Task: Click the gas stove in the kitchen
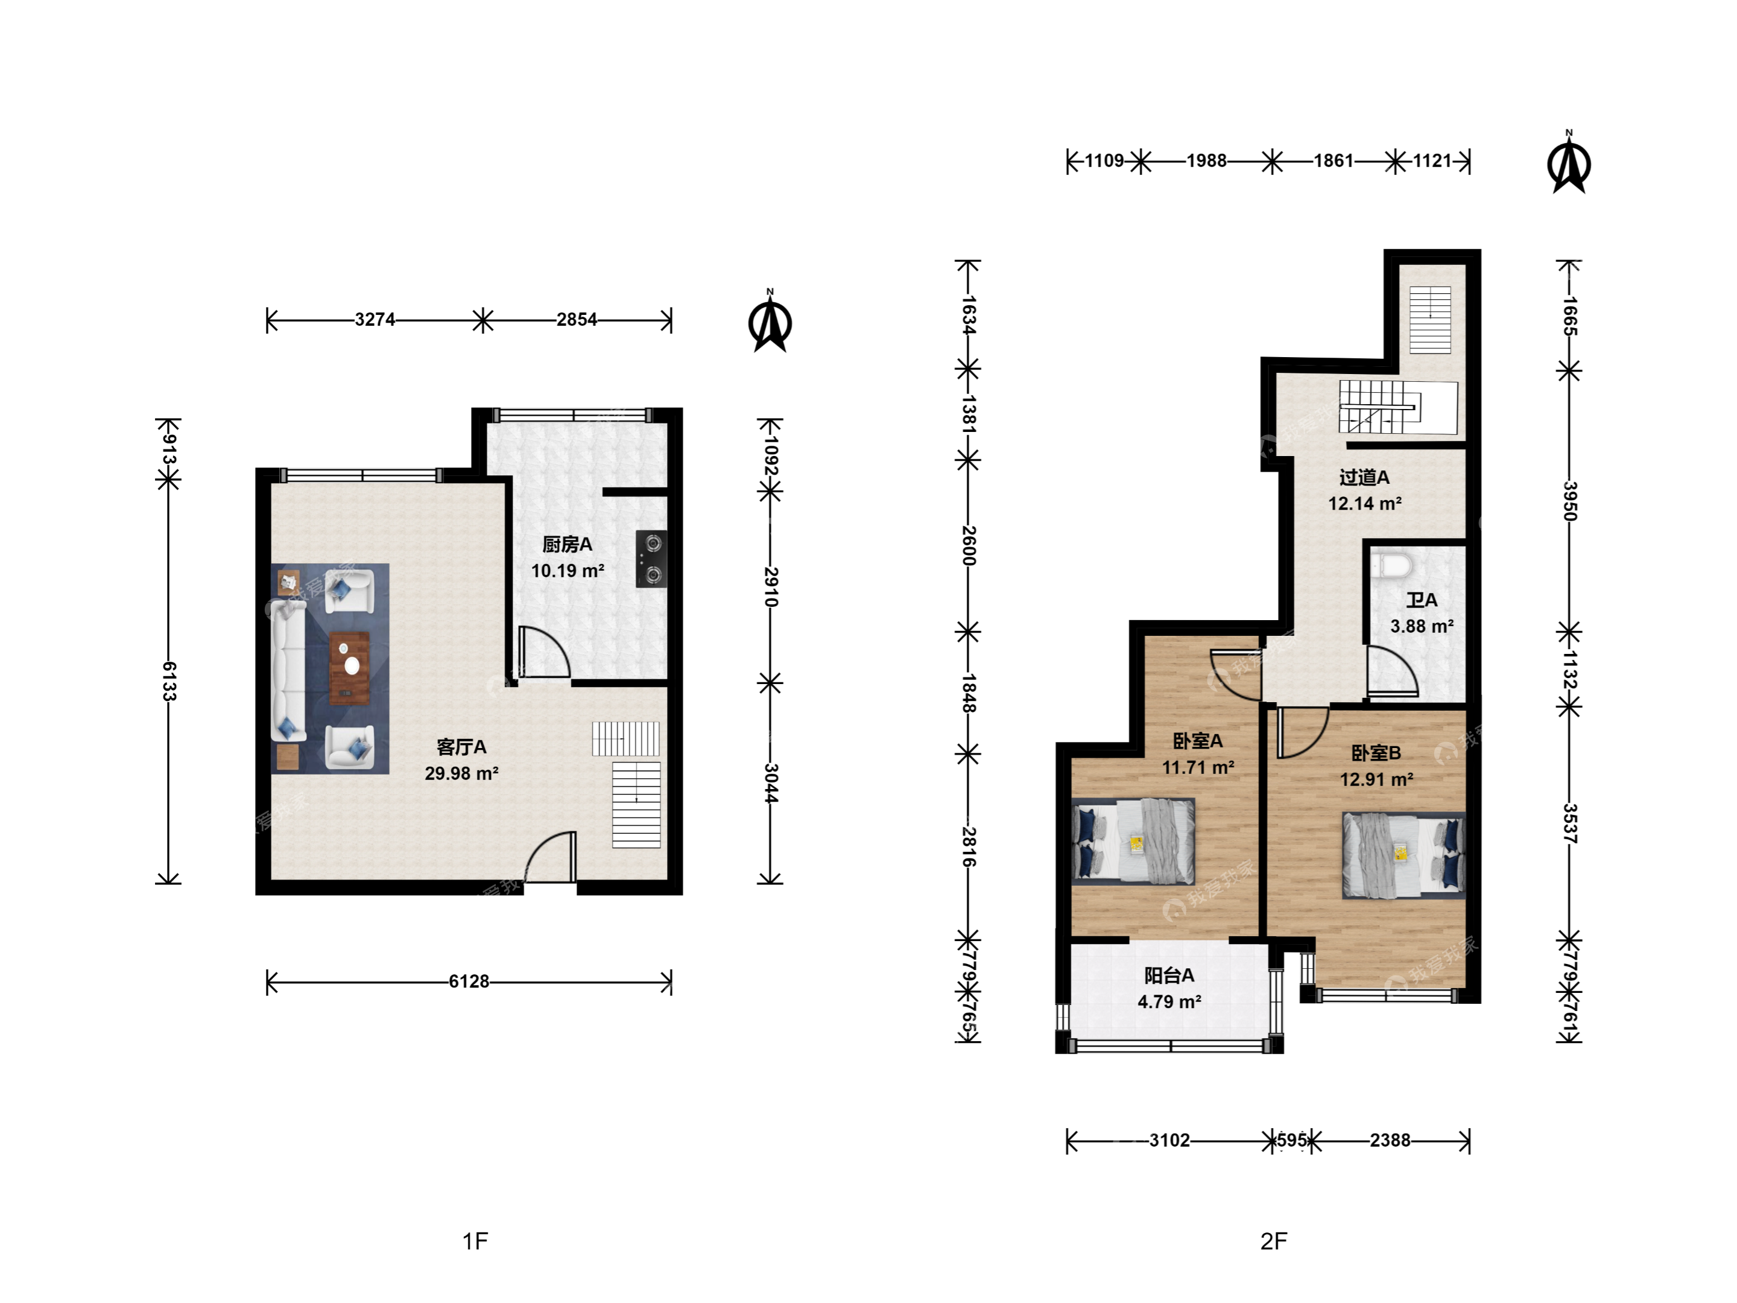(x=651, y=559)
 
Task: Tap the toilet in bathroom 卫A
(x=1391, y=564)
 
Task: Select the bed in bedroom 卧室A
(x=1133, y=842)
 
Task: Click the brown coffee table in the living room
(x=349, y=668)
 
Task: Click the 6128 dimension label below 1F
(x=469, y=981)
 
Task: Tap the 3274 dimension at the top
(x=375, y=320)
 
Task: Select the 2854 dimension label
(x=577, y=320)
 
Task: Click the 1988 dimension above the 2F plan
(x=1206, y=161)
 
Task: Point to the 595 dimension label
(x=1292, y=1140)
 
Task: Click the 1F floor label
(x=475, y=1241)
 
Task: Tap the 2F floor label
(x=1274, y=1241)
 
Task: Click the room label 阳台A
(x=1169, y=975)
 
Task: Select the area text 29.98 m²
(x=462, y=773)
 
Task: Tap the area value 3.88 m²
(x=1422, y=627)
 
